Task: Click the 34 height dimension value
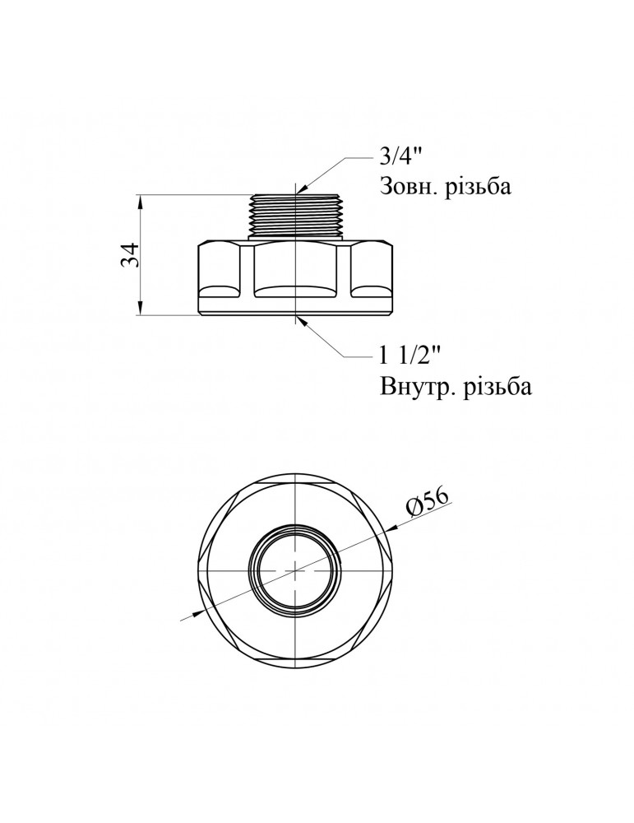click(x=129, y=255)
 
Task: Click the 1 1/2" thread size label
click(x=411, y=356)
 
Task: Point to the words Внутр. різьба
click(x=456, y=386)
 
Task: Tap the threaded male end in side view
click(x=294, y=216)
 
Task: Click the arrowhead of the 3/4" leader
click(x=300, y=190)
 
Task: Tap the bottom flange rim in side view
click(x=294, y=311)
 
